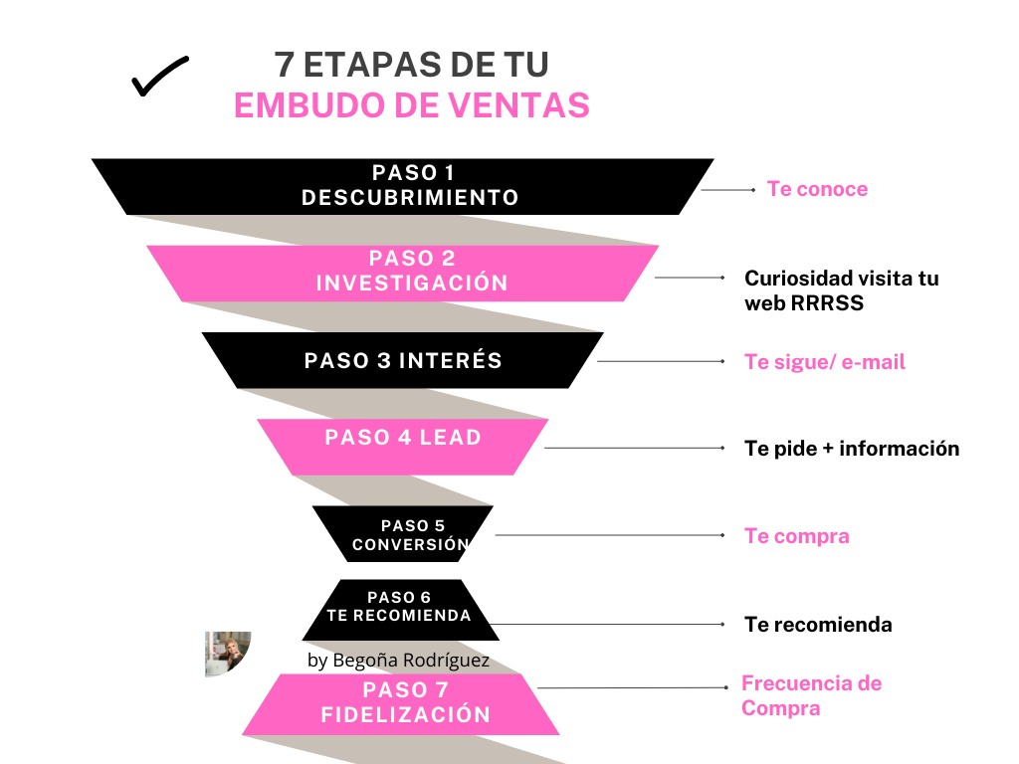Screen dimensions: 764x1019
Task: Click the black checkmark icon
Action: [159, 78]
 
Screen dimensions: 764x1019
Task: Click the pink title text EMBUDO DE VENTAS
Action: [411, 105]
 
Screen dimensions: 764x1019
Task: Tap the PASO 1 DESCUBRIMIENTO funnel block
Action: [403, 186]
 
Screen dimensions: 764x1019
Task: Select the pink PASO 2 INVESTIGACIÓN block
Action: [403, 273]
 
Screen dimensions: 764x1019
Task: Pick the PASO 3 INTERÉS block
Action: [403, 360]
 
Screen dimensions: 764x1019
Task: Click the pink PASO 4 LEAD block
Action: [403, 446]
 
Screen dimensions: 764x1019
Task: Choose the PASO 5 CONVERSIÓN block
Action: [403, 535]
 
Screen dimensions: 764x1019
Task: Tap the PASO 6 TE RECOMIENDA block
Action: [400, 609]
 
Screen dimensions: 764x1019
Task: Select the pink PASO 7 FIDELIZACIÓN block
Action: [401, 704]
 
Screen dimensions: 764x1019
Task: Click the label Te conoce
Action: [817, 189]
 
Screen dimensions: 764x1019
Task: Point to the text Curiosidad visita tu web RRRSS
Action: [841, 290]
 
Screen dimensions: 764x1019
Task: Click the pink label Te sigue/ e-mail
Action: [825, 362]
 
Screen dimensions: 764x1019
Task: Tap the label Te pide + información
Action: [852, 449]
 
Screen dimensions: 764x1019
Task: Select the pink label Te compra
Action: [797, 536]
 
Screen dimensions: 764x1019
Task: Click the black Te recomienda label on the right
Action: [818, 625]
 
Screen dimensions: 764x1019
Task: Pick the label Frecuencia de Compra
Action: [811, 695]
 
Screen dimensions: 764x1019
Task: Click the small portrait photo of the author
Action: [227, 654]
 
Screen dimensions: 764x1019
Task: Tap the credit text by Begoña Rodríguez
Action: [398, 661]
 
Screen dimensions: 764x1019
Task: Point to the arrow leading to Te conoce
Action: [729, 189]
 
